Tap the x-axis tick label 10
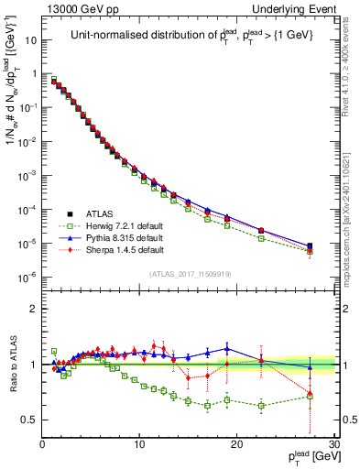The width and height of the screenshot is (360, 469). coord(139,445)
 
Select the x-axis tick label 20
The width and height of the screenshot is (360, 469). coord(236,445)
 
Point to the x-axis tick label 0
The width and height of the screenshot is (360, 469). coord(42,445)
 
